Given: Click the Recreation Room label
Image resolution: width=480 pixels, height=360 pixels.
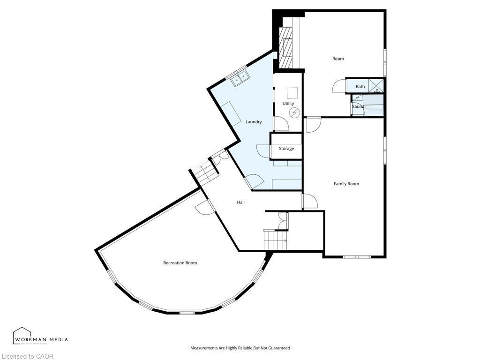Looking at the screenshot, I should pyautogui.click(x=180, y=263).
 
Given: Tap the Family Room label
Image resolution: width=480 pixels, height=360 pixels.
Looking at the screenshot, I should pyautogui.click(x=346, y=184).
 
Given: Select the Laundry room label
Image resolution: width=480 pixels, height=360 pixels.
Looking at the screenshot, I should pyautogui.click(x=254, y=122).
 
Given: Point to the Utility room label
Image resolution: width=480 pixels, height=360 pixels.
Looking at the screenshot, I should pyautogui.click(x=288, y=104).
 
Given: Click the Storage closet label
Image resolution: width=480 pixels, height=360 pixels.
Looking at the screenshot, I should pyautogui.click(x=286, y=149).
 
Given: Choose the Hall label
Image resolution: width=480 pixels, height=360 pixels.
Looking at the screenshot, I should pyautogui.click(x=240, y=202).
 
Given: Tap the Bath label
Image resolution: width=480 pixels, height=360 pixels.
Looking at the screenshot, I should pyautogui.click(x=360, y=86).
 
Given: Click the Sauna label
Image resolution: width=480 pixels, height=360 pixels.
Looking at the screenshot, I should pyautogui.click(x=358, y=106).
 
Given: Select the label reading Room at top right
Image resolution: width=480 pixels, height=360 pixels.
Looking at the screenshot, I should pyautogui.click(x=338, y=59).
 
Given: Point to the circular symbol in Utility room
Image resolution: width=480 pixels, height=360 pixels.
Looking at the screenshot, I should pyautogui.click(x=294, y=112).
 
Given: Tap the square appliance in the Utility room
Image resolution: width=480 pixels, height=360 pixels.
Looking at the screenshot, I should pyautogui.click(x=292, y=92).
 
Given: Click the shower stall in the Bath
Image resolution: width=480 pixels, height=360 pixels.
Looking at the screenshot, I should pyautogui.click(x=376, y=86).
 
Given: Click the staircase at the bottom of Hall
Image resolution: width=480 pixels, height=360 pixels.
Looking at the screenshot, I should pyautogui.click(x=275, y=241).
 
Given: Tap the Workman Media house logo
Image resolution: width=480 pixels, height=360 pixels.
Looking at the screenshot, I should pyautogui.click(x=22, y=336).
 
